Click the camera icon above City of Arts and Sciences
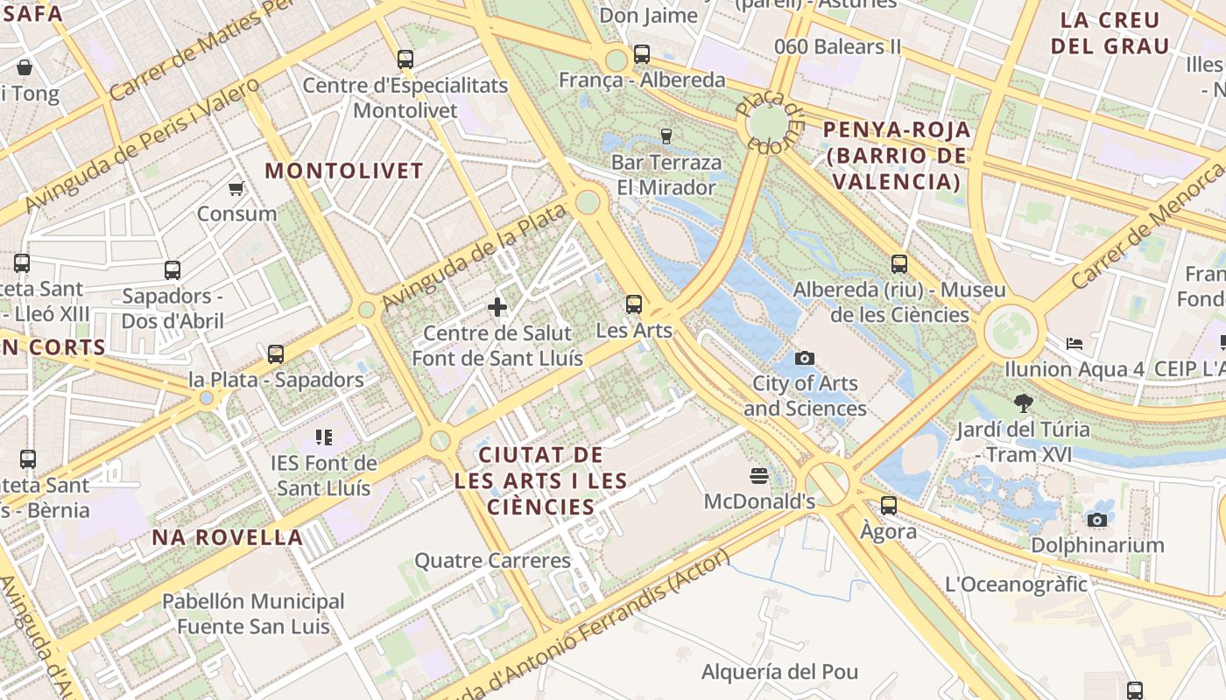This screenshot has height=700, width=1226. (804, 358)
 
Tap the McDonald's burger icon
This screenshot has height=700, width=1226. (759, 476)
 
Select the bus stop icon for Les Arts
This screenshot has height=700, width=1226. (634, 304)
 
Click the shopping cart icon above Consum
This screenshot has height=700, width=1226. (236, 188)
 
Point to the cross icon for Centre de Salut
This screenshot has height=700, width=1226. (497, 307)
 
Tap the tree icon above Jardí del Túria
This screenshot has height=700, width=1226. (1022, 403)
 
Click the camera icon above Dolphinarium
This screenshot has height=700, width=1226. (1096, 520)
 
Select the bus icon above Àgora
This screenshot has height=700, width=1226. (889, 505)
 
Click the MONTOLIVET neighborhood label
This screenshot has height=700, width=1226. (344, 171)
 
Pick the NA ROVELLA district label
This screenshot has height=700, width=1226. (228, 537)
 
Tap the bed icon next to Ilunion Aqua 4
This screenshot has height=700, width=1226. (1075, 344)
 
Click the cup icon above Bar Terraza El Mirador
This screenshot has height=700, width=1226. (666, 136)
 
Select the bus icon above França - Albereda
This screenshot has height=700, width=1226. (642, 54)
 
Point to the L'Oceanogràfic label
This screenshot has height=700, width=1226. (1016, 584)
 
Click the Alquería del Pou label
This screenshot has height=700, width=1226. (779, 672)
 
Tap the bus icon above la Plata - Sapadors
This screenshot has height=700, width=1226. (276, 354)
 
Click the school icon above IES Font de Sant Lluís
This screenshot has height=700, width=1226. (323, 437)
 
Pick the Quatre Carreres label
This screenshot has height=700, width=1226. (492, 560)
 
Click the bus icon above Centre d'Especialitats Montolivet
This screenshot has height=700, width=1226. (405, 59)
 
